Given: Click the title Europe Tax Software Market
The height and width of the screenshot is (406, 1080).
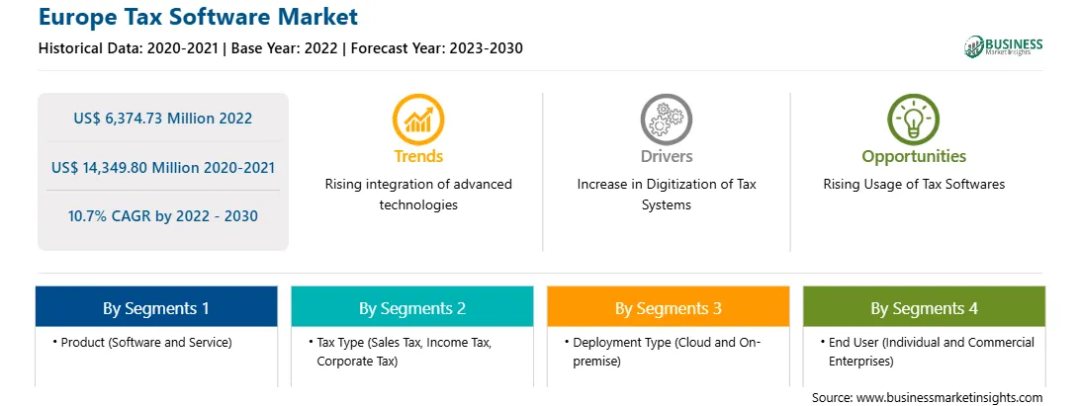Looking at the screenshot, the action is pyautogui.click(x=199, y=17).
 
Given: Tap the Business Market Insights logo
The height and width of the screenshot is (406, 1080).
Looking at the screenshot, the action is pyautogui.click(x=1004, y=46).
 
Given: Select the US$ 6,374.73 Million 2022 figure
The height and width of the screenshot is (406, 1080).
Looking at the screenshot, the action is pyautogui.click(x=162, y=119).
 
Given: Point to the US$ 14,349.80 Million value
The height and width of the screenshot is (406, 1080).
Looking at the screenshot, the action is pyautogui.click(x=136, y=167).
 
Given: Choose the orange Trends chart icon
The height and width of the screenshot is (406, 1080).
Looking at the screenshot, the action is pyautogui.click(x=418, y=120).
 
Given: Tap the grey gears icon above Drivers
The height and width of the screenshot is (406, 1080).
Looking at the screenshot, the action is pyautogui.click(x=666, y=120).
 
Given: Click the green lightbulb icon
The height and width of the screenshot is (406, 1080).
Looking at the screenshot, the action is pyautogui.click(x=914, y=120).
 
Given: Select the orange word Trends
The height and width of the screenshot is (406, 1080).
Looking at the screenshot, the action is pyautogui.click(x=418, y=156).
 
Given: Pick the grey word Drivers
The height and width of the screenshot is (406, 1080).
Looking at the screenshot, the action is pyautogui.click(x=666, y=156).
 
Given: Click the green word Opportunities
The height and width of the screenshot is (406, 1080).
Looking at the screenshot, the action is pyautogui.click(x=914, y=157).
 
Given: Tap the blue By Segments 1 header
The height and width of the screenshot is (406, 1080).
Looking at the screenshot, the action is pyautogui.click(x=156, y=307).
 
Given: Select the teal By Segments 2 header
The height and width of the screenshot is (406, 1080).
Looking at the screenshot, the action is pyautogui.click(x=411, y=307).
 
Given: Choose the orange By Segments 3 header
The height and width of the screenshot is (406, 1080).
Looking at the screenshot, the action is pyautogui.click(x=669, y=307).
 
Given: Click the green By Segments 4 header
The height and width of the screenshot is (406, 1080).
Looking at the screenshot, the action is pyautogui.click(x=925, y=307).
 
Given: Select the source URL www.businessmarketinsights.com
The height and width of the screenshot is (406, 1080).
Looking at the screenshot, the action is pyautogui.click(x=949, y=398).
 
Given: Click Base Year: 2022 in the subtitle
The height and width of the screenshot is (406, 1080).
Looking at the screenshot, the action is pyautogui.click(x=285, y=48).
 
